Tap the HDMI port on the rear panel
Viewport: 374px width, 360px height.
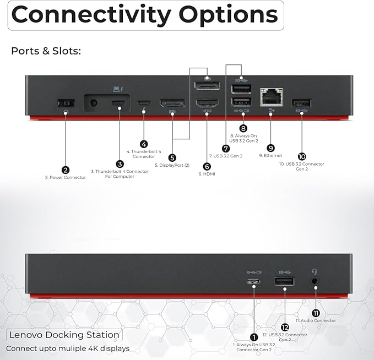[x=206, y=103]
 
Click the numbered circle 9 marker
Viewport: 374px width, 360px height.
[x=270, y=148]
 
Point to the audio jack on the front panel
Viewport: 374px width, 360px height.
[x=315, y=280]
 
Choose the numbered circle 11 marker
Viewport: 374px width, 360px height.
[x=316, y=312]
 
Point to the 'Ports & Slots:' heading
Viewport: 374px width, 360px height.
[x=46, y=51]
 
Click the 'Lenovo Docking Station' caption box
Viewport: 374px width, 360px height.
[x=64, y=335]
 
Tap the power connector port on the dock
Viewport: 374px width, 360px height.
[x=65, y=103]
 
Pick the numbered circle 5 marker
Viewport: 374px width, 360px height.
[x=172, y=157]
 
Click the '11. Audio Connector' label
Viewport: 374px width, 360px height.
[x=316, y=320]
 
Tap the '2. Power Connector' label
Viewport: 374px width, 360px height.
[x=65, y=178]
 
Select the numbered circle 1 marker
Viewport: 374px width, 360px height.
[x=254, y=336]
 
